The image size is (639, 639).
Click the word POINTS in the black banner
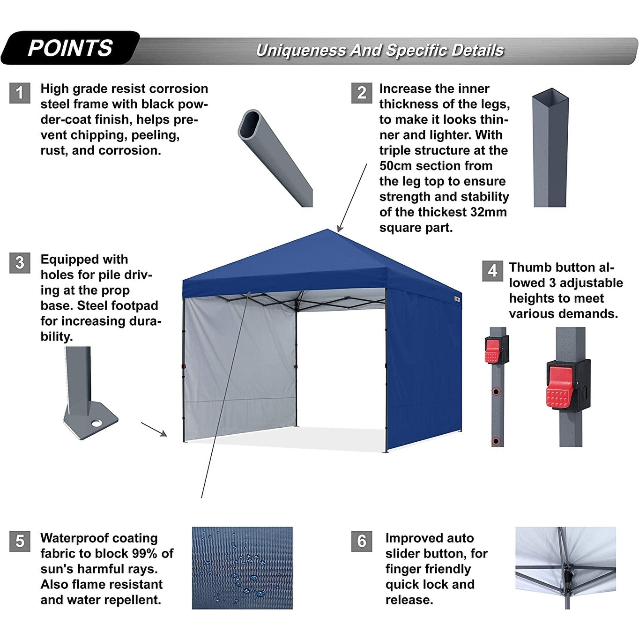(x=70, y=48)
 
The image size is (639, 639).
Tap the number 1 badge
(x=20, y=93)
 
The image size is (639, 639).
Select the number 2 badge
(x=362, y=93)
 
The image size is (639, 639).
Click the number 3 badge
(x=20, y=263)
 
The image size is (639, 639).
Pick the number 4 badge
(x=492, y=271)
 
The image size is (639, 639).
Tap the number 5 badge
(x=20, y=541)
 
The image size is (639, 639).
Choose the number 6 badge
(x=362, y=541)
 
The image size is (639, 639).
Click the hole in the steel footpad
(x=97, y=424)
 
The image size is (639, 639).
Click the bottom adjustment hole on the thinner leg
(x=496, y=441)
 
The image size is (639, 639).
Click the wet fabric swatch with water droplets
(x=242, y=568)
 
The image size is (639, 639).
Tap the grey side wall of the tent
(x=239, y=365)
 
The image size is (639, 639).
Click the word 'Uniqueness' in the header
(x=300, y=51)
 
